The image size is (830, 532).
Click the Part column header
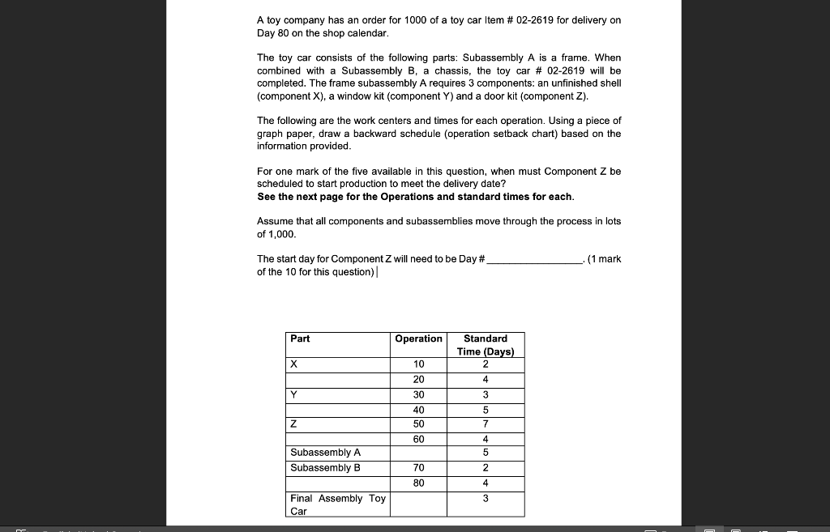[x=300, y=338]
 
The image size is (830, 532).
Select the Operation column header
[x=418, y=338]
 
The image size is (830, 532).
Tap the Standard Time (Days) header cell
[x=486, y=345]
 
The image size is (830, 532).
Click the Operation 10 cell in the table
[x=418, y=364]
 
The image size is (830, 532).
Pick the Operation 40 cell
[x=418, y=411]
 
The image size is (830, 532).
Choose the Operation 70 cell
[x=418, y=468]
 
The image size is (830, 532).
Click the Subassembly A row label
[x=325, y=453]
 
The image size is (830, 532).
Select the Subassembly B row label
[x=325, y=468]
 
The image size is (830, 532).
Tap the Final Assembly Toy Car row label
[x=338, y=504]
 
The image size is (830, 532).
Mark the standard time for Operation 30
[x=486, y=395]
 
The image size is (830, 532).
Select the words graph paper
[x=287, y=134]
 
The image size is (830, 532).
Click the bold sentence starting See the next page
[x=415, y=197]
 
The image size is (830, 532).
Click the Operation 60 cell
[x=418, y=439]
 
